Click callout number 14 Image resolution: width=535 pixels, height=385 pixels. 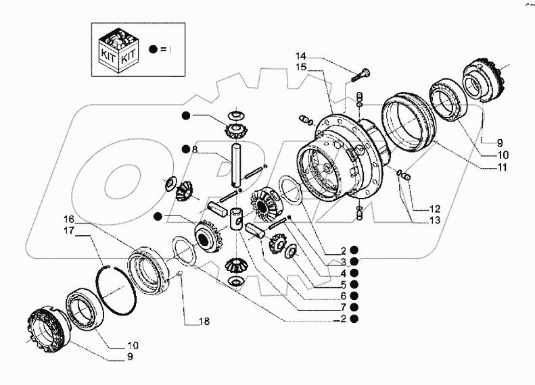300,55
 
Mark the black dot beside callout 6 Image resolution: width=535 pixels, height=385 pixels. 354,295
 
